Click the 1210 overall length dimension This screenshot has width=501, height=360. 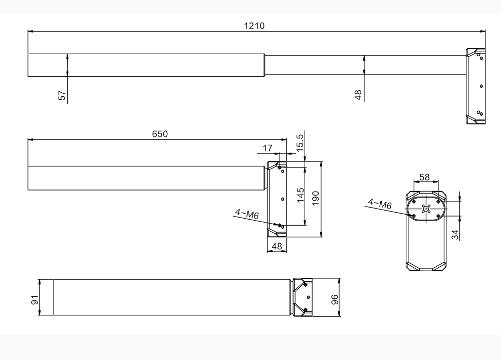pos(254,26)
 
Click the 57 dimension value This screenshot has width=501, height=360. pos(62,96)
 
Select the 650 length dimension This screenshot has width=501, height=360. pos(160,134)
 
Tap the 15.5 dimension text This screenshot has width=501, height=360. pos(300,142)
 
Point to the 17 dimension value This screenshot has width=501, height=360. pos(268,148)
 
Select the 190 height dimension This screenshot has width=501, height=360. pos(316,199)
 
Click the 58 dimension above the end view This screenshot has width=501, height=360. pos(424,177)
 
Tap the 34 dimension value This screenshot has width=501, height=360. pos(454,234)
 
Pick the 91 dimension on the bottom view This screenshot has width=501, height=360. pos(35,300)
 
